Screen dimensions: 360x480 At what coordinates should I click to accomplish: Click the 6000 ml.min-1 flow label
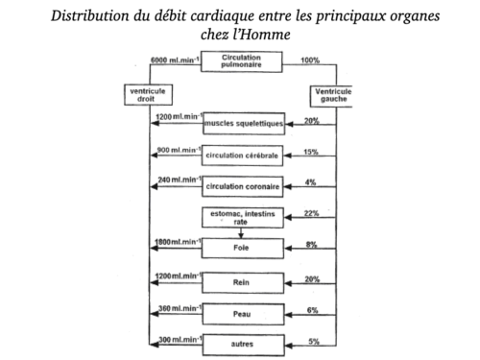tap(174, 60)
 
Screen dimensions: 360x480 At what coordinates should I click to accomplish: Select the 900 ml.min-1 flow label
tap(176, 150)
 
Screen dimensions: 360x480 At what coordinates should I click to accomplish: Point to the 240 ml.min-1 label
tap(176, 180)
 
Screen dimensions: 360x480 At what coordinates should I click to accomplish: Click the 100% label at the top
tap(311, 60)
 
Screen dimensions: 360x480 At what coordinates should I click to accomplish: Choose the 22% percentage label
tap(309, 212)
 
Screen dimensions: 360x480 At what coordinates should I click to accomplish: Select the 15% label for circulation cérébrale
tap(309, 151)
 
